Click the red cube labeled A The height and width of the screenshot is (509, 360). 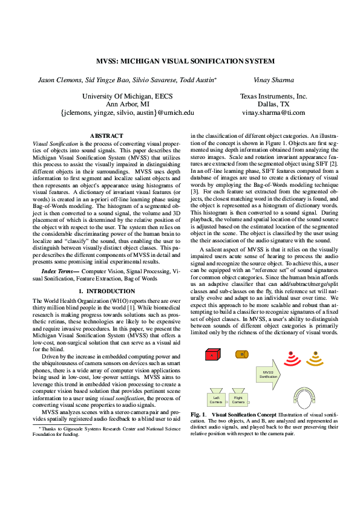211,355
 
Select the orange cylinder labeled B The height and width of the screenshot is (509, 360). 241,354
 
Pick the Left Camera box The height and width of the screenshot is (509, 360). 216,398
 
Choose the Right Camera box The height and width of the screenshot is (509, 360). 238,398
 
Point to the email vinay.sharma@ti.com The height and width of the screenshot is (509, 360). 274,112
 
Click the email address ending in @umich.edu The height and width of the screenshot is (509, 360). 128,112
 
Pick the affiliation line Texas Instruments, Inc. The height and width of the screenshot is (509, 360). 274,96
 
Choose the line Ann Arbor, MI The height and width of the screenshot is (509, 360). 128,104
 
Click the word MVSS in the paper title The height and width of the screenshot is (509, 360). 109,62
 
